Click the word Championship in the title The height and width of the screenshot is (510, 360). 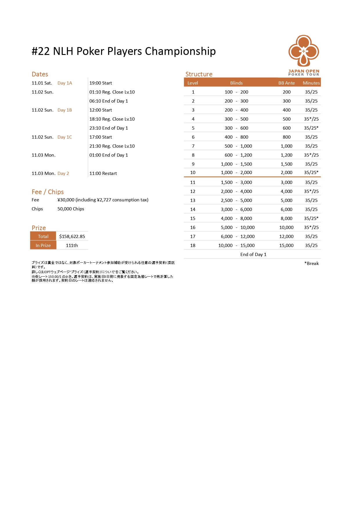click(180, 51)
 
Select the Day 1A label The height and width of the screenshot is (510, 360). click(65, 83)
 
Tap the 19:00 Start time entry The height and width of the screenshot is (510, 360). click(100, 83)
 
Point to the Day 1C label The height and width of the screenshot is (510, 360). click(65, 137)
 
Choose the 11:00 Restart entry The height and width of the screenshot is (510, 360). click(103, 173)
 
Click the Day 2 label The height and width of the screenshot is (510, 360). click(63, 173)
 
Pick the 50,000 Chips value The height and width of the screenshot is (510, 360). click(71, 209)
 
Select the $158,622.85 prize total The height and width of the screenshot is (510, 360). click(72, 237)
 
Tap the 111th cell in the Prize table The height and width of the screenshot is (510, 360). click(72, 246)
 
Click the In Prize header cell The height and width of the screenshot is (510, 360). click(43, 246)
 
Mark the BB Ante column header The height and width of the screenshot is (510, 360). click(287, 83)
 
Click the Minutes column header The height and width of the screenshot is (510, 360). click(311, 83)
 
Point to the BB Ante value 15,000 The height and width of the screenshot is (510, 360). click(286, 246)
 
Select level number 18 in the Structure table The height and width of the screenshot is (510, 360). click(193, 246)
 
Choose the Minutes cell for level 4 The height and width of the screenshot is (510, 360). click(311, 119)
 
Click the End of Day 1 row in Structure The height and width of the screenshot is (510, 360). click(253, 255)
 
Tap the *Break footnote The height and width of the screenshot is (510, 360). click(312, 264)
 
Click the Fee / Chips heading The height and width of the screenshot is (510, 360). click(48, 192)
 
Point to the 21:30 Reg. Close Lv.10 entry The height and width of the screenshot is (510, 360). click(112, 146)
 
